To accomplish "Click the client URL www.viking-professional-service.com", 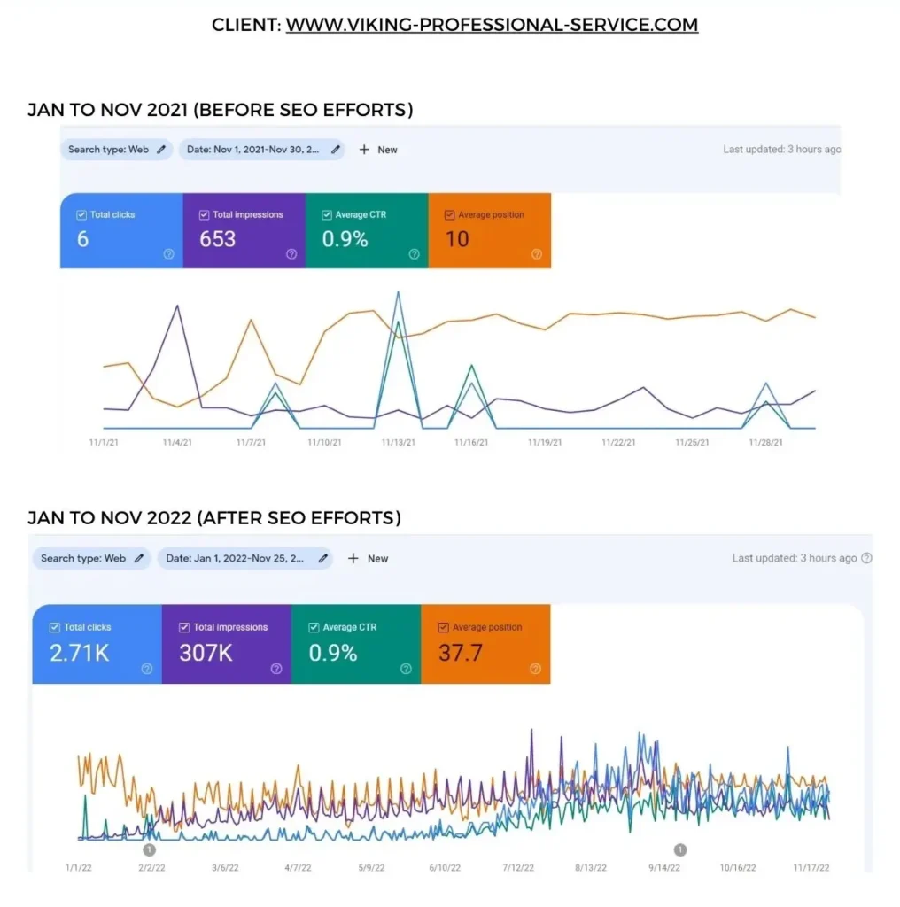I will tap(492, 25).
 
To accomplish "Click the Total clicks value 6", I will tap(82, 238).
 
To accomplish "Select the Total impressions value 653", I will tap(218, 238).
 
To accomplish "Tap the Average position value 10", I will tap(457, 238).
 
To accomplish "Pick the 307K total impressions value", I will tap(206, 653).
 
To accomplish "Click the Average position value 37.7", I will tap(461, 653).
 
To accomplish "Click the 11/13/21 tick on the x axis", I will tap(398, 441).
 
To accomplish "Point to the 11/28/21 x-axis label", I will tap(765, 441).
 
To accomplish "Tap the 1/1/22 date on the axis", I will tap(78, 868).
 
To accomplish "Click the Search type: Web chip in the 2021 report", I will tap(116, 150).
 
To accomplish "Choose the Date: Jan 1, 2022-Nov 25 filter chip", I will tap(244, 559).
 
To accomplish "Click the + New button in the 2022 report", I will tap(369, 559).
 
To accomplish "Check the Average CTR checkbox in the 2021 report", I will tap(326, 215).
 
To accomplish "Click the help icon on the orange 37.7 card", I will tap(535, 669).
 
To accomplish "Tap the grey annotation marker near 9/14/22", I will tap(680, 849).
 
